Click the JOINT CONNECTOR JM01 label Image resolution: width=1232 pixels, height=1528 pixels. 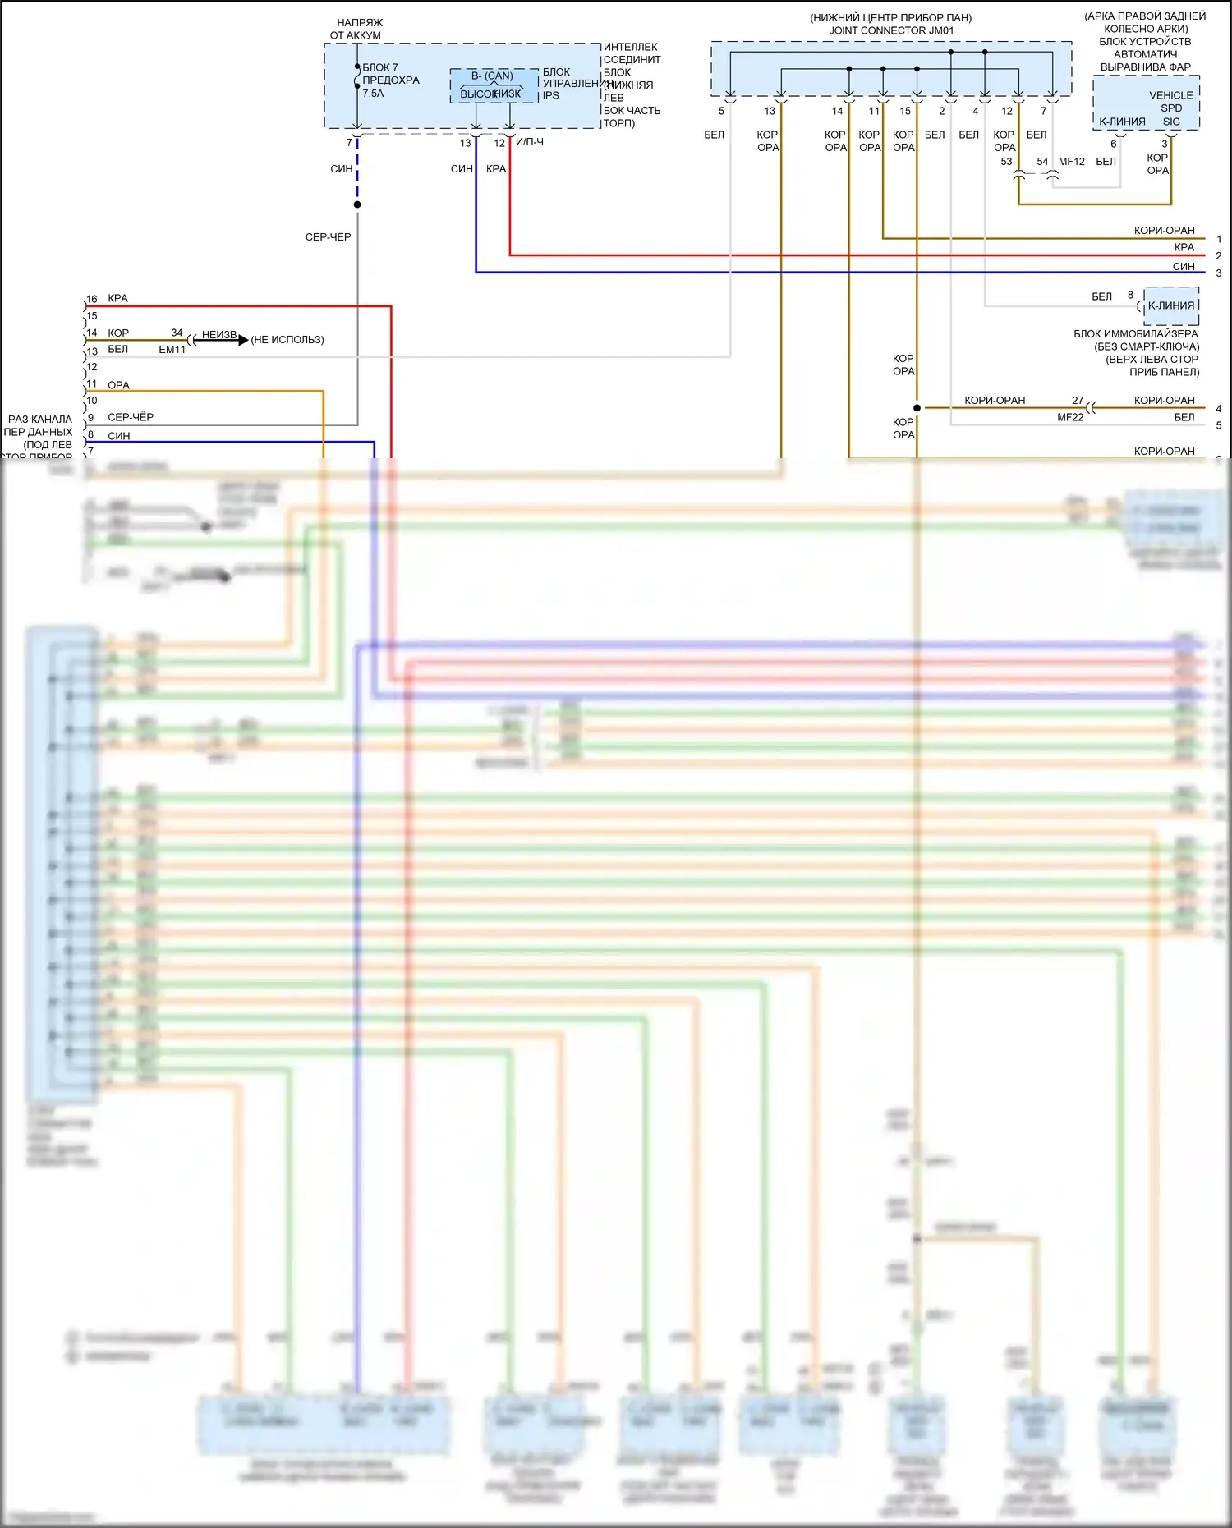[891, 30]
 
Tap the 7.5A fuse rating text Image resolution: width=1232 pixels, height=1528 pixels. [373, 94]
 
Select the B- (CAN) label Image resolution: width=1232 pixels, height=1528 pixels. [492, 76]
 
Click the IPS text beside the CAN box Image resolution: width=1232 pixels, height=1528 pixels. [550, 95]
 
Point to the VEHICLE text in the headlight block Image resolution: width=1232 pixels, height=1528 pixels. [1170, 95]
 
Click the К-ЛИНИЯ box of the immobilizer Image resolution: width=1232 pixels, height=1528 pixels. [1171, 305]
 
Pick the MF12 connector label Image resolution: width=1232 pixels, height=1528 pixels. [1072, 162]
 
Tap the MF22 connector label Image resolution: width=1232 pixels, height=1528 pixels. [1070, 417]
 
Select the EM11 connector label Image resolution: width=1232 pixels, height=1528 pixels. [172, 350]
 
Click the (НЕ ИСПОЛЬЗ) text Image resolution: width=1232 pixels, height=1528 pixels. [287, 340]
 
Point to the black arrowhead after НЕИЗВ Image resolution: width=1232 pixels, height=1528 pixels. [242, 339]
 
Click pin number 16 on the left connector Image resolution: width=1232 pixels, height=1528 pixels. [92, 299]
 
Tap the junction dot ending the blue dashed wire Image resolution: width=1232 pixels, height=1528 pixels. [357, 204]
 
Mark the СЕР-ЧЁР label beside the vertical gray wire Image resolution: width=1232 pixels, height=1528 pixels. [328, 237]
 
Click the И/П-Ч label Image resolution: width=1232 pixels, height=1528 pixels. [530, 142]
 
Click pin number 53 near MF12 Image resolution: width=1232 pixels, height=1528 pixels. [1006, 162]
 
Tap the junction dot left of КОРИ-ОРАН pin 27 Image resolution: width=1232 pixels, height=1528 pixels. [917, 407]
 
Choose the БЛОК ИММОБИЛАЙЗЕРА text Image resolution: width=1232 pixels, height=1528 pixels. [1136, 334]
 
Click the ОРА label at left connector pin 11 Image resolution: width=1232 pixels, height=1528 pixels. [118, 385]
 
